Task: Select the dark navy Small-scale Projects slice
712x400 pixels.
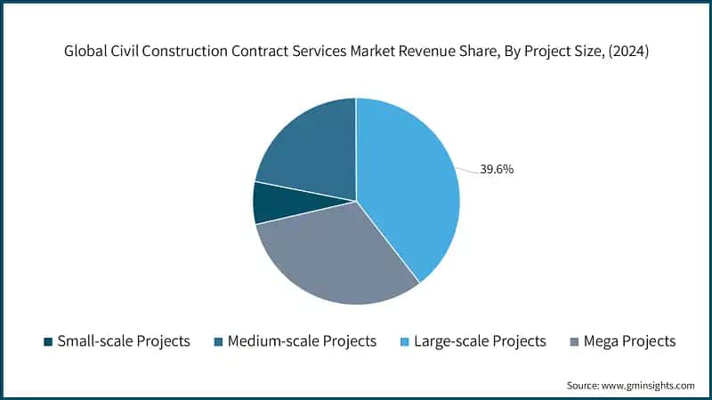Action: click(x=269, y=203)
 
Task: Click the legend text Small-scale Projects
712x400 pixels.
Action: click(x=123, y=341)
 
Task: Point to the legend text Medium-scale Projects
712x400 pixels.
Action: click(x=302, y=341)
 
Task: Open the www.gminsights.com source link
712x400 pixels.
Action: click(x=650, y=385)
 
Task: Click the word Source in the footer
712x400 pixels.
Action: click(x=583, y=385)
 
